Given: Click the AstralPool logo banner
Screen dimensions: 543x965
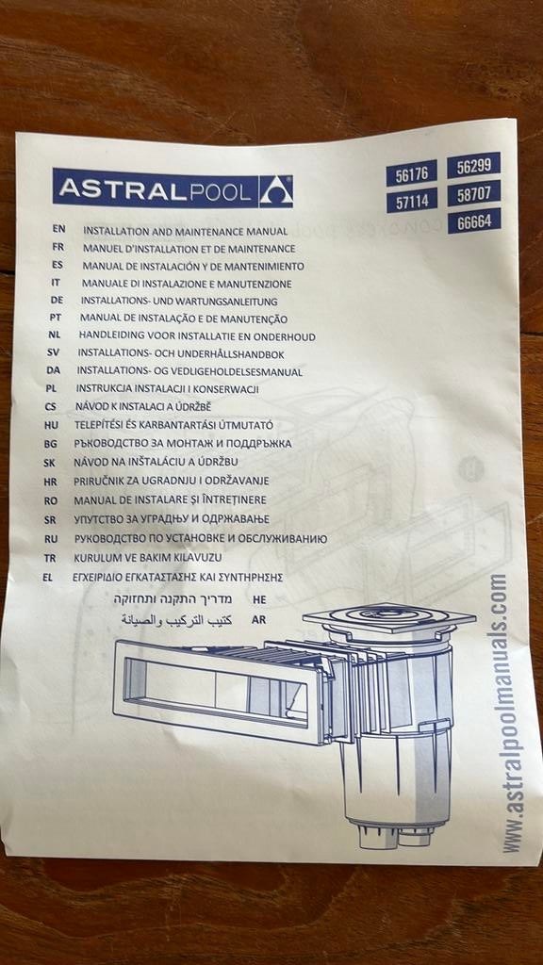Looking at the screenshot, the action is click(173, 188).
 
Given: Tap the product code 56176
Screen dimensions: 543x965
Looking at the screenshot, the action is click(411, 173).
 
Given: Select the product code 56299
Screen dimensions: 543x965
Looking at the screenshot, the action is click(473, 165).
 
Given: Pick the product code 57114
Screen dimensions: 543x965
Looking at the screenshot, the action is click(412, 200).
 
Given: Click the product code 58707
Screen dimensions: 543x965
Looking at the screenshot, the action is click(474, 192).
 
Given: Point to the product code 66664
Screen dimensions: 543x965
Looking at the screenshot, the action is click(474, 221).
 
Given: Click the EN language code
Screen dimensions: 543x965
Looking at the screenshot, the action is click(58, 228).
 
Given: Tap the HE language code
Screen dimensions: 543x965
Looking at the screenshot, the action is click(259, 598).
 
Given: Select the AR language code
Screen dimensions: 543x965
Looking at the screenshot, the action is click(258, 620).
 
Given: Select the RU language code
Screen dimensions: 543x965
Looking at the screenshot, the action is click(51, 539).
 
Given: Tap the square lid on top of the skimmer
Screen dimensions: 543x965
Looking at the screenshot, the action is click(389, 617).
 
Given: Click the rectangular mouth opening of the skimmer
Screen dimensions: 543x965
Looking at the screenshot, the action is click(216, 688).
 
